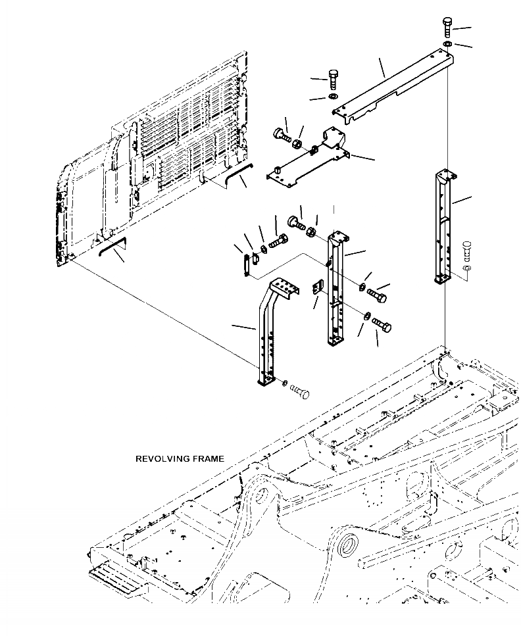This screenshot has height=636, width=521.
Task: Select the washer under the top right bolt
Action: click(x=447, y=44)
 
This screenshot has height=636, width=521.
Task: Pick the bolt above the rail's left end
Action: click(x=333, y=81)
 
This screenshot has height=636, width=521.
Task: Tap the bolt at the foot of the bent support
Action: click(x=300, y=393)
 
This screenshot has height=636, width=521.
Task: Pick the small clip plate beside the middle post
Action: click(x=318, y=287)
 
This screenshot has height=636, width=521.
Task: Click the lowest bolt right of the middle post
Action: click(x=381, y=324)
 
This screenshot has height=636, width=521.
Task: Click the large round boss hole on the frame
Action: click(x=349, y=545)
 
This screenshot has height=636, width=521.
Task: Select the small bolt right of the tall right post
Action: click(x=467, y=251)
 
